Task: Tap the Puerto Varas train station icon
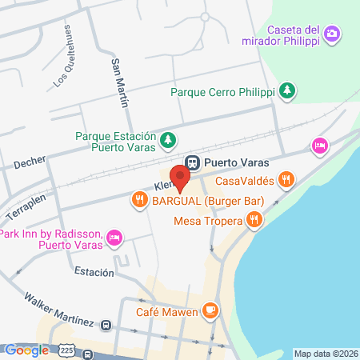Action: tap(192, 161)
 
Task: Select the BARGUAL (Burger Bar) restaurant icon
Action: tap(140, 199)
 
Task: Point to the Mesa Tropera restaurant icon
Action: tap(254, 218)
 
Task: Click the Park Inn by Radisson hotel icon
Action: tap(114, 238)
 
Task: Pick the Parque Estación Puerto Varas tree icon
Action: tap(168, 142)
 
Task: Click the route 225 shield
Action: tap(66, 351)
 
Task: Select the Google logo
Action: tap(26, 350)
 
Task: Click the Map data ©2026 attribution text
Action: tap(325, 353)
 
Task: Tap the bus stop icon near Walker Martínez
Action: tap(106, 325)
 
